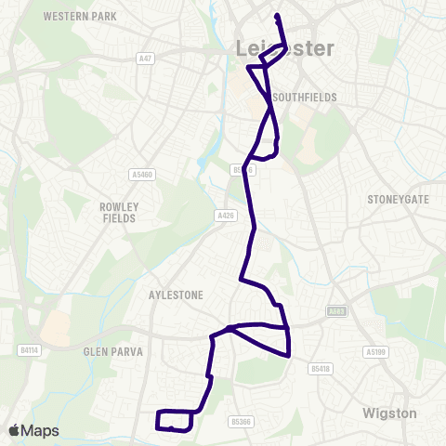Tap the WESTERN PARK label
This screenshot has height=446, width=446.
tap(79, 17)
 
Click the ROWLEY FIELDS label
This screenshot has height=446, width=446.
tap(118, 212)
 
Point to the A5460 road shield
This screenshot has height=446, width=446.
tap(142, 173)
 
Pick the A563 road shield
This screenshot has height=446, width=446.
tap(336, 312)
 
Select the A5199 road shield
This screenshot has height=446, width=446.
tap(374, 351)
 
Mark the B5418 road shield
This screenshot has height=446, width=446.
tap(321, 369)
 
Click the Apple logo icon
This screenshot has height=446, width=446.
tap(15, 430)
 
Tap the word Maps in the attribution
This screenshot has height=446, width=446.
tap(41, 430)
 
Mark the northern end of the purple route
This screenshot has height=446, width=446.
tap(277, 15)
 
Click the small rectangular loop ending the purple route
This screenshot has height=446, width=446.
tap(175, 420)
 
